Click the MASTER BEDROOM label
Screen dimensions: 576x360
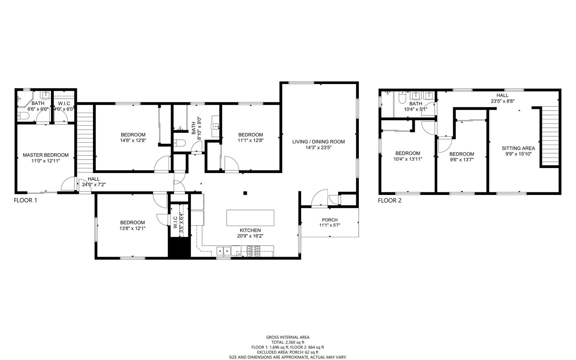pos(46,155)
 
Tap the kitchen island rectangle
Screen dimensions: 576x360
pos(250,218)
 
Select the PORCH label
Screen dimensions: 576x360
pos(330,220)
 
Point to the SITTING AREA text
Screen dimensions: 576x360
pos(518,148)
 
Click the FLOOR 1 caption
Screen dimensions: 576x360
pos(25,200)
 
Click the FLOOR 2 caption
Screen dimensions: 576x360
pos(390,200)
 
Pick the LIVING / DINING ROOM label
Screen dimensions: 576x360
pos(318,142)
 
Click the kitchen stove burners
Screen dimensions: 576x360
pos(254,251)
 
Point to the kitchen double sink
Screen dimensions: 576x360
pos(224,251)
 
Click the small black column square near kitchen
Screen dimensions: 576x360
pos(245,193)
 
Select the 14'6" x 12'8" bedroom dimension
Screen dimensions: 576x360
pos(133,140)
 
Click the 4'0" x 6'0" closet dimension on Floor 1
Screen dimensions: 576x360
pos(64,109)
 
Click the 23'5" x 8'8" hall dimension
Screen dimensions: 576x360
pos(502,101)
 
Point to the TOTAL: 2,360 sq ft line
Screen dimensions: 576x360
pos(288,342)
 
